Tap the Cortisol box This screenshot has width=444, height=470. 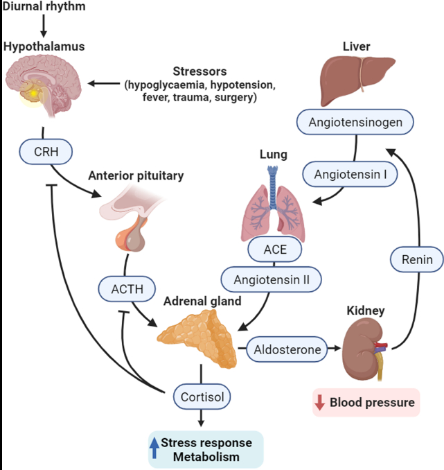202,397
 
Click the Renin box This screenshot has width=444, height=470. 417,260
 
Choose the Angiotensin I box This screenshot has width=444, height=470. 350,174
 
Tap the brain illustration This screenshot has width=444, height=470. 43,87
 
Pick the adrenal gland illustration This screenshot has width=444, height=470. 197,337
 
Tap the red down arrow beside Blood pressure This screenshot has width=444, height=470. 321,402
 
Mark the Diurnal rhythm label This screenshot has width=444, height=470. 43,6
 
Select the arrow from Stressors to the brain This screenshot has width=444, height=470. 104,85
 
